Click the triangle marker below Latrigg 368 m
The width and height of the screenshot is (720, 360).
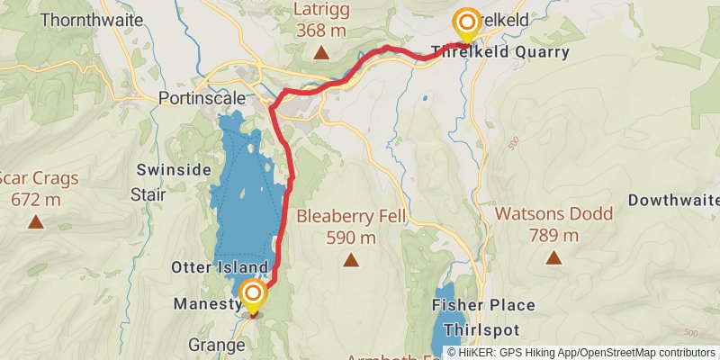click(x=319, y=53)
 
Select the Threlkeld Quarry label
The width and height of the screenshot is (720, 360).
click(x=500, y=52)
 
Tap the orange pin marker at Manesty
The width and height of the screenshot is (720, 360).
click(x=253, y=295)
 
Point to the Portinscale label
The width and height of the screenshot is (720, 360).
click(x=196, y=97)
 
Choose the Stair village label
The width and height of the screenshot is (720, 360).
click(x=148, y=193)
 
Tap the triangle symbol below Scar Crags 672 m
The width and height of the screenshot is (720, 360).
click(x=35, y=220)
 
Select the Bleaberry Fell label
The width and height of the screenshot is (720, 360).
click(x=351, y=217)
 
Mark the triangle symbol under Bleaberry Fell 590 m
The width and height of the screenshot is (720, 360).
click(x=350, y=260)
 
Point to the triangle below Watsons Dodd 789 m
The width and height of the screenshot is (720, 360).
click(x=553, y=258)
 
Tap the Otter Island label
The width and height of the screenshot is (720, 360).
click(x=219, y=268)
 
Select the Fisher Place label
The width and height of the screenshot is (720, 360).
click(x=483, y=305)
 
